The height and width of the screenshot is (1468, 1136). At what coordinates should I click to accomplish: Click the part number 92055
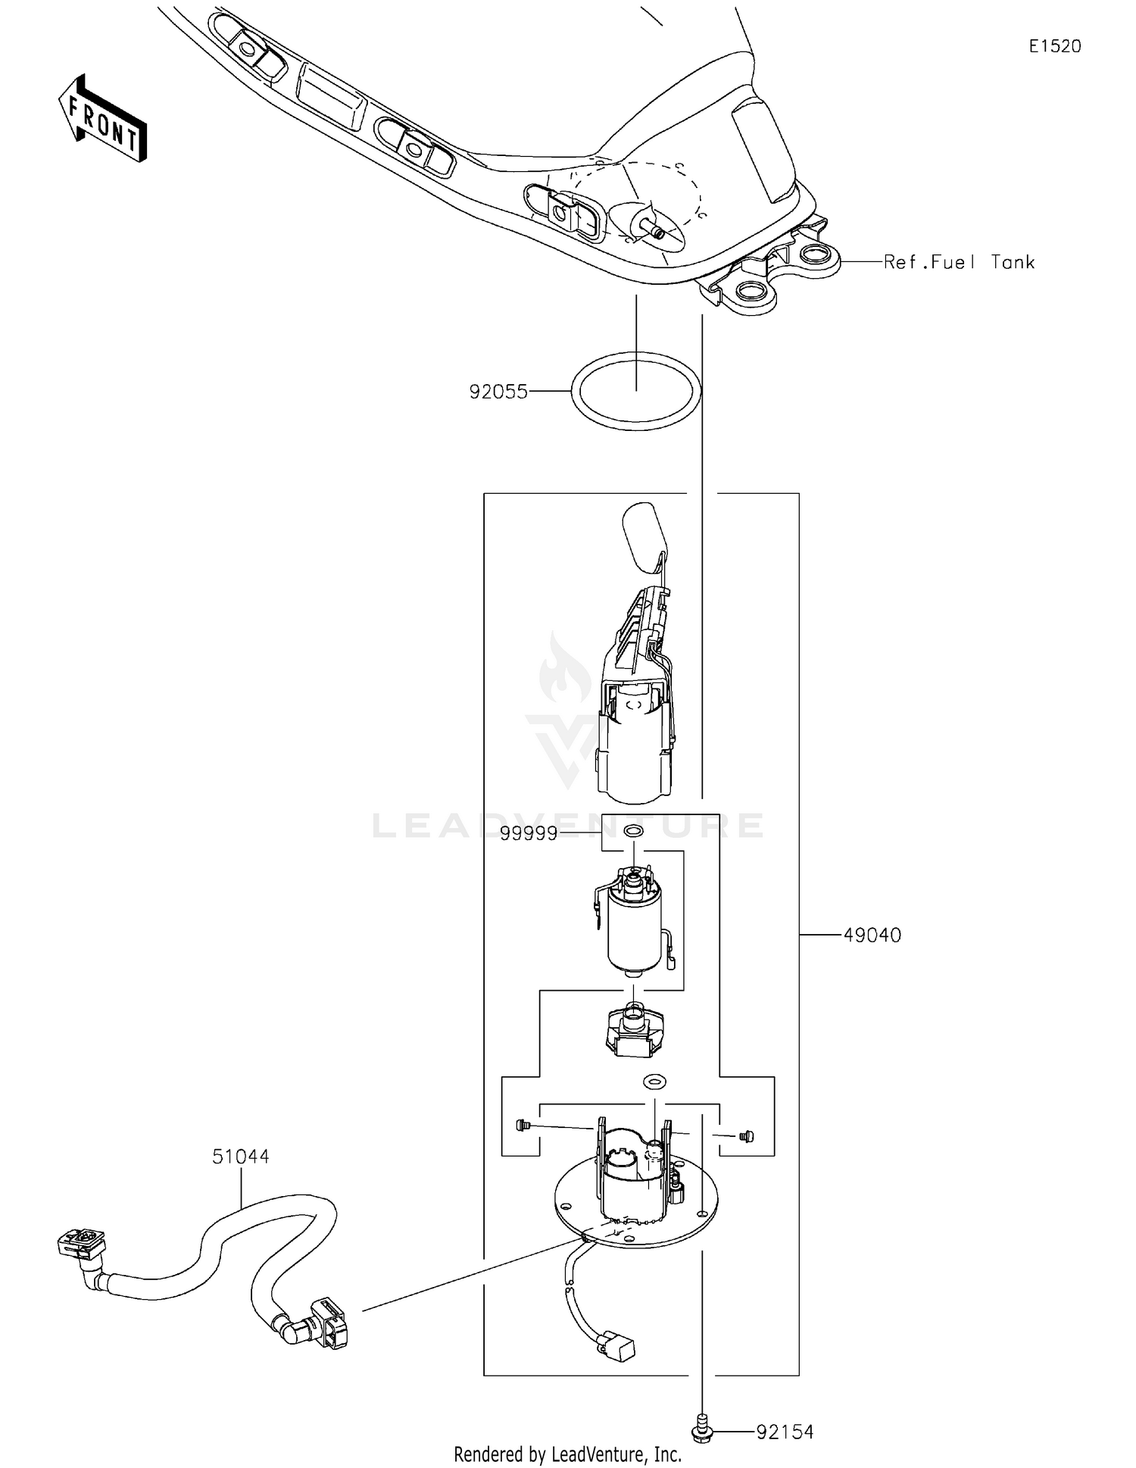tap(498, 392)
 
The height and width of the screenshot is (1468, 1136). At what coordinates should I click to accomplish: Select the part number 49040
tap(872, 935)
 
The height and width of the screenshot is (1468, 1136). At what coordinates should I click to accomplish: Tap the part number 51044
tap(240, 1157)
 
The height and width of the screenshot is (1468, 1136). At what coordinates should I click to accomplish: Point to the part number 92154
tap(785, 1432)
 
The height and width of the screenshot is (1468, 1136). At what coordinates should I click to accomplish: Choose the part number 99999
tap(529, 834)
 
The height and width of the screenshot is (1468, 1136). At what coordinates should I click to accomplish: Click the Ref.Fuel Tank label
tap(959, 262)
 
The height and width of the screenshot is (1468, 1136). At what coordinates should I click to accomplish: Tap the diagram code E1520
tap(1054, 46)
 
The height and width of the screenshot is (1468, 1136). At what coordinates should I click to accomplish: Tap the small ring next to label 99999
tap(633, 832)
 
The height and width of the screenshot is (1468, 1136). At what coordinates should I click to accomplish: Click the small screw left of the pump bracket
tap(521, 1126)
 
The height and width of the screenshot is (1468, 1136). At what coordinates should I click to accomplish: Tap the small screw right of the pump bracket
tap(747, 1136)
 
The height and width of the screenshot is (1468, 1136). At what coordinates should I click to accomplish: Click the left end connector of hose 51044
tap(82, 1248)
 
